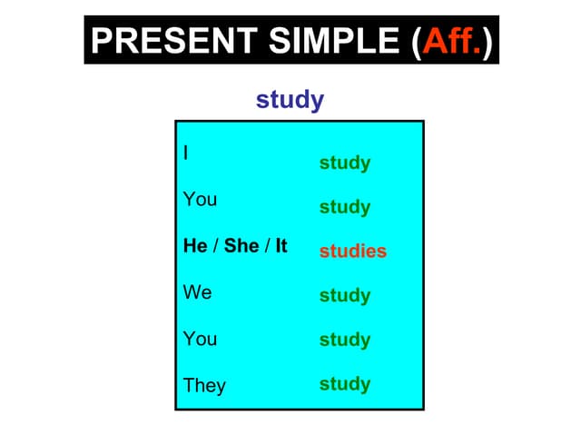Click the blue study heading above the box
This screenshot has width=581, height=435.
click(x=290, y=100)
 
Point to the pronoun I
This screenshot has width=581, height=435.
click(x=186, y=153)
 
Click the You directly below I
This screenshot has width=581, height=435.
click(x=200, y=199)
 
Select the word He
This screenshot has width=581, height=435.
click(x=195, y=245)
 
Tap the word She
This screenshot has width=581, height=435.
click(x=241, y=245)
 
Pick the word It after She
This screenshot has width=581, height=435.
click(x=281, y=245)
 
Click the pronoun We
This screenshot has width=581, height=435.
click(x=197, y=292)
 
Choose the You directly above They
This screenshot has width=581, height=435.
click(x=200, y=339)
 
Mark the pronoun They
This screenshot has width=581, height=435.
click(x=204, y=385)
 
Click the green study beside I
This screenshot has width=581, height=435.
click(x=344, y=163)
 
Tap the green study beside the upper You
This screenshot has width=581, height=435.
click(x=344, y=207)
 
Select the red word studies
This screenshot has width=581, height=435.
click(x=352, y=252)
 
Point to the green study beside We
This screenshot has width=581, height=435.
click(x=344, y=295)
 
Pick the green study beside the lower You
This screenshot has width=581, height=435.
click(x=344, y=340)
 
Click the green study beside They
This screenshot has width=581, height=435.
click(x=344, y=383)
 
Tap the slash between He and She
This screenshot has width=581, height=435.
click(x=215, y=245)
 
